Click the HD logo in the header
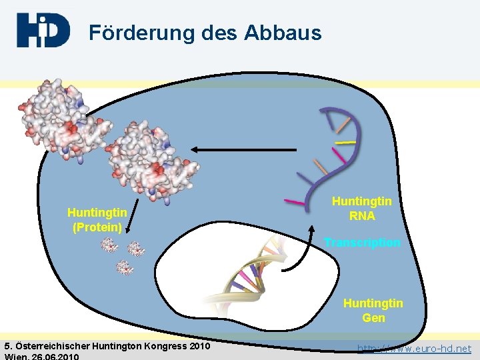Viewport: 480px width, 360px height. click(43, 30)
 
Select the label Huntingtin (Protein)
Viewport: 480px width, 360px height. click(97, 219)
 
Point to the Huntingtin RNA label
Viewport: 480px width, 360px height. click(362, 208)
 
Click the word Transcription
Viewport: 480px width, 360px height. click(362, 243)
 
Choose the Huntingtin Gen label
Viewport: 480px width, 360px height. click(373, 311)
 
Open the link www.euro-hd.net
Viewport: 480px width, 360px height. click(415, 348)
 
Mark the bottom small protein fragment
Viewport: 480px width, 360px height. click(125, 267)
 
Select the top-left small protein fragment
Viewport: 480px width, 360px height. click(109, 246)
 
